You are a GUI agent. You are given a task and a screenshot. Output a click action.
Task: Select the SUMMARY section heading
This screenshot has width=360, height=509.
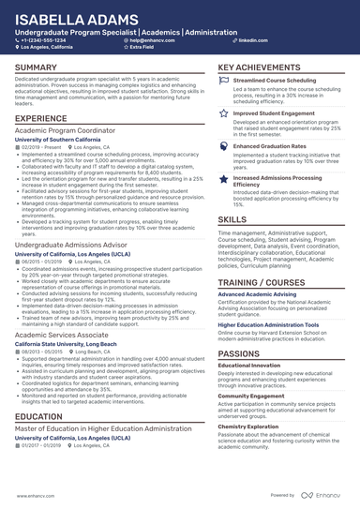[38, 68]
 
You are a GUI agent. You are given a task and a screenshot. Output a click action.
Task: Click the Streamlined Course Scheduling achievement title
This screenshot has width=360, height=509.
[279, 82]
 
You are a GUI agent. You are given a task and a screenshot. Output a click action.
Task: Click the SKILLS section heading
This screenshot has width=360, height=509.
[232, 217]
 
